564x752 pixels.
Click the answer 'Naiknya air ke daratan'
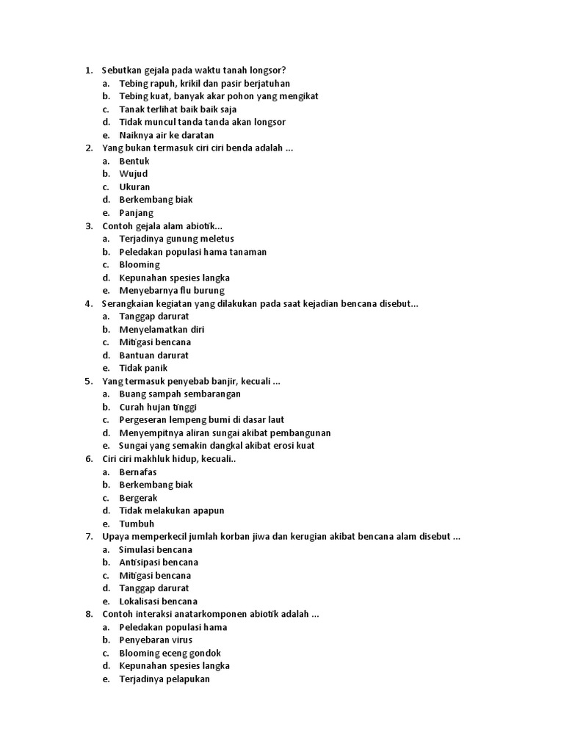tap(166, 135)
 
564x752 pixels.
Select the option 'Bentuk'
tap(134, 161)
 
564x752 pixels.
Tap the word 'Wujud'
tap(134, 174)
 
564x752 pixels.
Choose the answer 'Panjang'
tap(137, 213)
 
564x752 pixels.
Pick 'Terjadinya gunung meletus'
tap(176, 239)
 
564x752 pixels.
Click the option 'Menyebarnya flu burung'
tap(172, 291)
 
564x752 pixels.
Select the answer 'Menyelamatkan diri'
tap(162, 330)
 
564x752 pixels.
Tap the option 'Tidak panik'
tap(143, 368)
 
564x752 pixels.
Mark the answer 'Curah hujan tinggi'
tap(158, 407)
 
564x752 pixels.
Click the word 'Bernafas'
tap(138, 472)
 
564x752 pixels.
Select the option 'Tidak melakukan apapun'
tap(172, 510)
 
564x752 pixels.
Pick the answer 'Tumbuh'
tap(137, 524)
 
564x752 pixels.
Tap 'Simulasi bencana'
tap(156, 549)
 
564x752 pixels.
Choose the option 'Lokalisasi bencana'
tap(159, 601)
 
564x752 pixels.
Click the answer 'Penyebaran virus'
tap(156, 640)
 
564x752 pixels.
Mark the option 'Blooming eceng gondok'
tap(170, 653)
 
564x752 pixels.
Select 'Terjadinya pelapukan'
tap(164, 679)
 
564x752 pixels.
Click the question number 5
tap(88, 381)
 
